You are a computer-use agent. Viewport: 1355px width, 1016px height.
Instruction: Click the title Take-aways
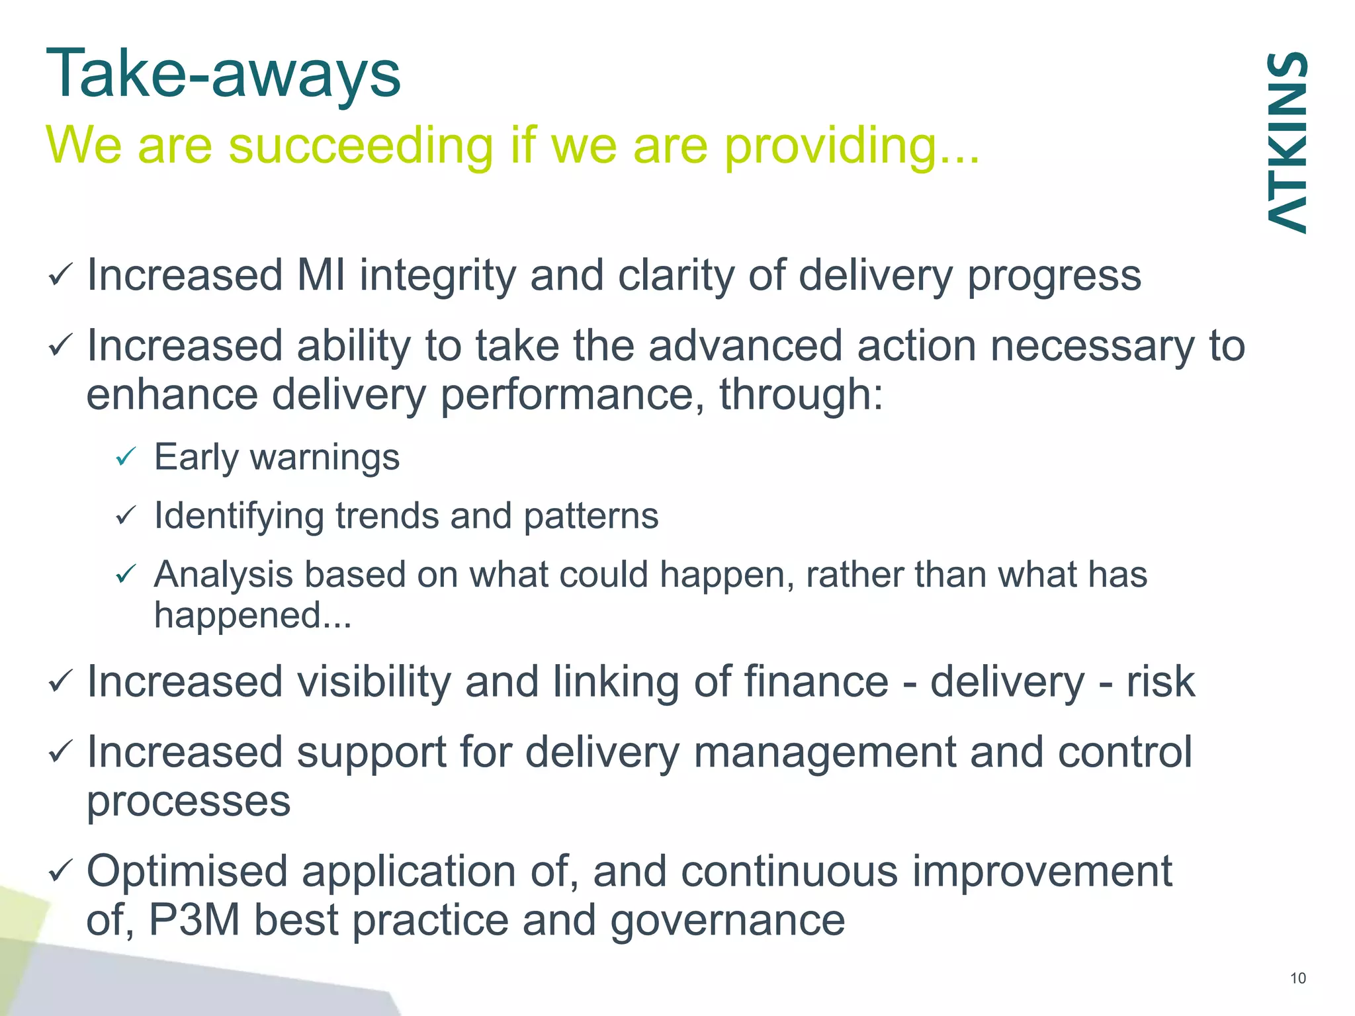coord(224,74)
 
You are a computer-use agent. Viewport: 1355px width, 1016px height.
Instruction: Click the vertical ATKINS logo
coord(1287,142)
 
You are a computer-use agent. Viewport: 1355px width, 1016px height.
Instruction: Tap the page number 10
coord(1297,978)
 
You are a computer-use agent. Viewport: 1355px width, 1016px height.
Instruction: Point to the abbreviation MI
coord(321,275)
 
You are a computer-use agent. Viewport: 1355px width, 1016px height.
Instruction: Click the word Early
coord(196,458)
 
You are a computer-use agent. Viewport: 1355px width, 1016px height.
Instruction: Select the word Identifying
coord(239,517)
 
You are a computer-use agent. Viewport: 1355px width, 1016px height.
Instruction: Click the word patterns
coord(591,517)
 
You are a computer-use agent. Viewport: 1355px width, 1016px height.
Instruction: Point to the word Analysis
coord(223,575)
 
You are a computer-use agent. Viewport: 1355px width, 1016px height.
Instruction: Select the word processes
coord(189,802)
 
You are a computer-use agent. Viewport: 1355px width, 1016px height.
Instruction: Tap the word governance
coord(727,921)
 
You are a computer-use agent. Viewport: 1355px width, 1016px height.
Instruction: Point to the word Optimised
coord(187,872)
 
